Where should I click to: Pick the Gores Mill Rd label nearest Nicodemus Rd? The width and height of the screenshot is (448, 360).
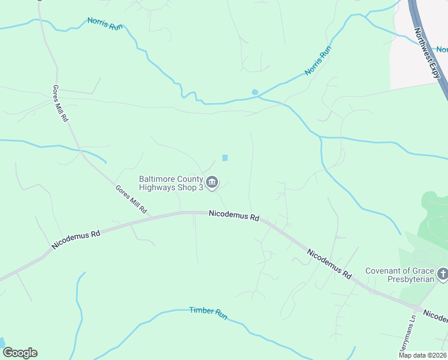[x=131, y=200]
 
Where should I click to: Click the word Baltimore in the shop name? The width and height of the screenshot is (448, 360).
[x=159, y=178]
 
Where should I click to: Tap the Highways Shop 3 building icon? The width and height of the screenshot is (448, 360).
[x=212, y=182]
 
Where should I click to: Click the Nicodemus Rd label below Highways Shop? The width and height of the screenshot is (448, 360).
[x=234, y=215]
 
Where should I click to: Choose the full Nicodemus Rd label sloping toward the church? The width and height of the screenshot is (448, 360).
[x=329, y=262]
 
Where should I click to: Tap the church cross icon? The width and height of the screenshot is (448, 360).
[x=443, y=275]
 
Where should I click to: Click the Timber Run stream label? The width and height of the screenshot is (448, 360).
[x=208, y=312]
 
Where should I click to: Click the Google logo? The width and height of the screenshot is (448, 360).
[x=20, y=353]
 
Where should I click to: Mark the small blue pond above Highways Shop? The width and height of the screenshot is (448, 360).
[x=225, y=158]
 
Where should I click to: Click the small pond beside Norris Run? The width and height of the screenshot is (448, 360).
[x=255, y=92]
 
